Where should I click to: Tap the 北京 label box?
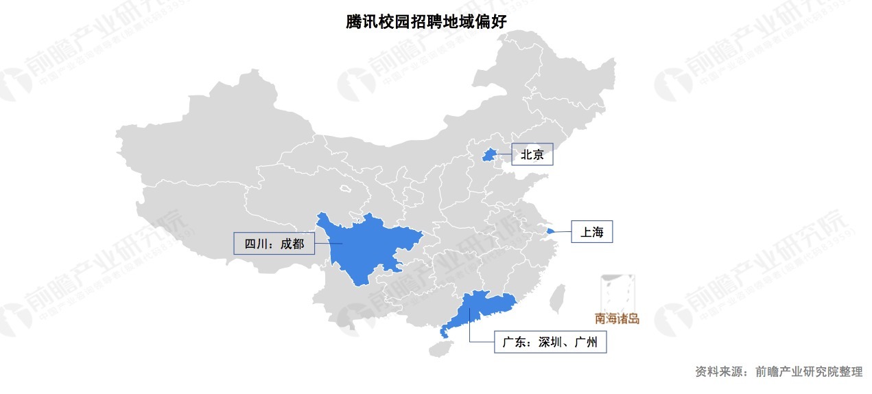pyautogui.click(x=532, y=155)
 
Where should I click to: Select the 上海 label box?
pyautogui.click(x=591, y=232)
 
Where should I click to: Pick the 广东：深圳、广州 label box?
pyautogui.click(x=550, y=341)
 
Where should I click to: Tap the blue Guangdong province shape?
pyautogui.click(x=480, y=309)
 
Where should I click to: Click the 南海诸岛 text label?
pyautogui.click(x=617, y=318)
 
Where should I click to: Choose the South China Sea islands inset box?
pyautogui.click(x=617, y=293)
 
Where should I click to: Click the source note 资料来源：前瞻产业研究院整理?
pyautogui.click(x=779, y=371)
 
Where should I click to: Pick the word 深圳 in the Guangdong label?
pyautogui.click(x=552, y=341)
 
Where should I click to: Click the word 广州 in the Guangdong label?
pyautogui.click(x=587, y=341)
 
